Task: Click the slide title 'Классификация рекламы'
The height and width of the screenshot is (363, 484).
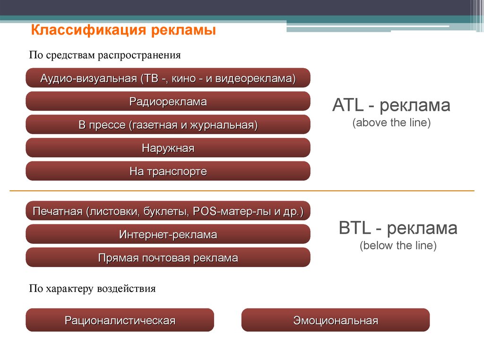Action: coord(123,30)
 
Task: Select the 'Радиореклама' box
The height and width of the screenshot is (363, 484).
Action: coord(168,101)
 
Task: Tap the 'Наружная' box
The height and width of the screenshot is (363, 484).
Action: coord(168,148)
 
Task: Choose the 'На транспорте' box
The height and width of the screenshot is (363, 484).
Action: coord(168,171)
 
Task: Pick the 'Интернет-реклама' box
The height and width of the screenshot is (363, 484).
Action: coord(168,234)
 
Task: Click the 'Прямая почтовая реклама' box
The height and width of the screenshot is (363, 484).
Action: coord(168,257)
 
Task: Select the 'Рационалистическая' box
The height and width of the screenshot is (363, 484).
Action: coord(120,320)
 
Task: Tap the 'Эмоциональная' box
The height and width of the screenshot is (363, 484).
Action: coord(336,320)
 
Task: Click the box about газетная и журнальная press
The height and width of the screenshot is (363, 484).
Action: coord(168,124)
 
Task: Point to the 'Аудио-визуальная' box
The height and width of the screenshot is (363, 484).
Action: coord(168,78)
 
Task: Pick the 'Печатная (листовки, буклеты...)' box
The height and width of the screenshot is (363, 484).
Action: coord(168,211)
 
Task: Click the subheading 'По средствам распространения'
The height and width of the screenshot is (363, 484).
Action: coord(104,55)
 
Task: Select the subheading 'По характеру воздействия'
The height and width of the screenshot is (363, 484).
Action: coord(92,289)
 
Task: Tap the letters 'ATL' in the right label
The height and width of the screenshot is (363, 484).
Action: coord(347,105)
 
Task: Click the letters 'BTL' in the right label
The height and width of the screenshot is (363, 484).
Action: coord(354,228)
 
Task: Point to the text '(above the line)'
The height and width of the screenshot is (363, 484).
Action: coord(391,123)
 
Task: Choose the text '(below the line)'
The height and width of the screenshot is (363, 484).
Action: coord(398,246)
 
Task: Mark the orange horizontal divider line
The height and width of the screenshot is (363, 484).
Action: coord(242,191)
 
